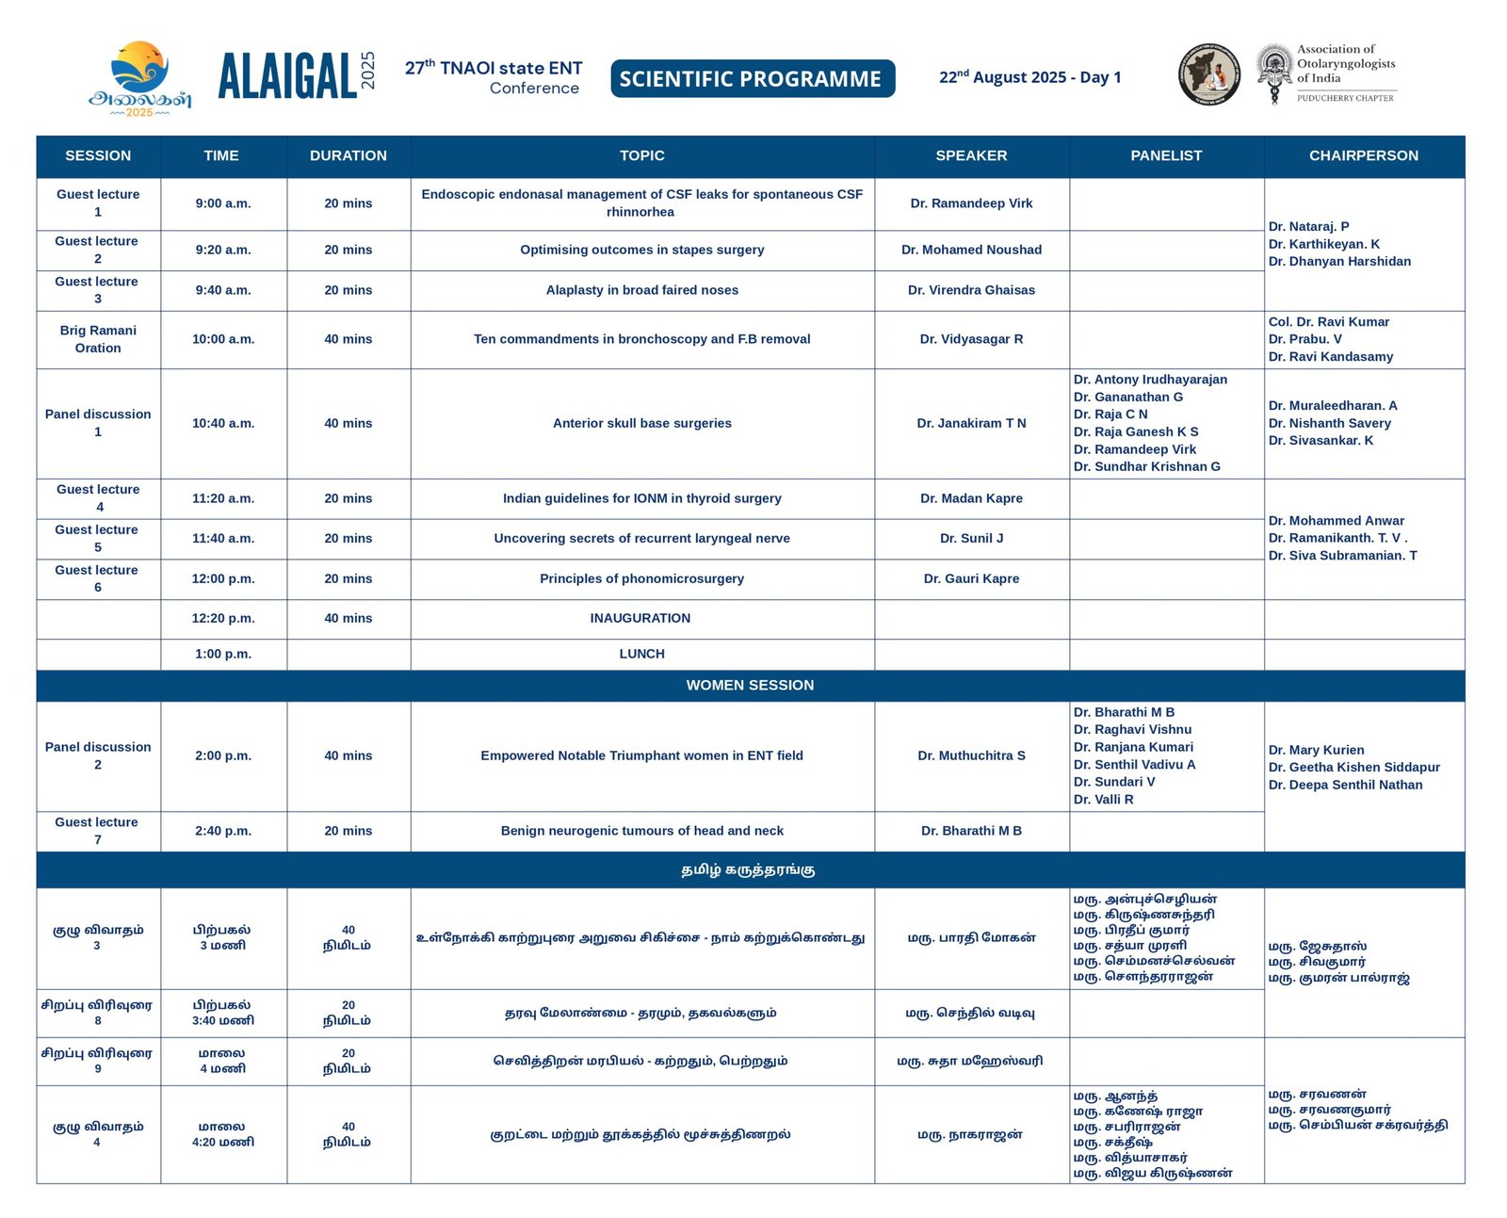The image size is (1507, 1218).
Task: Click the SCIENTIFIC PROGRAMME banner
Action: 752,79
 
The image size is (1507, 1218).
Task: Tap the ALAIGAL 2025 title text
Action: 288,76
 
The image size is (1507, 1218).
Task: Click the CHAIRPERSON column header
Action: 1363,155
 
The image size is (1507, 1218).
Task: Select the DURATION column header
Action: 348,155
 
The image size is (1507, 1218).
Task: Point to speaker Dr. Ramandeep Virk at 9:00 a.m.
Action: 971,203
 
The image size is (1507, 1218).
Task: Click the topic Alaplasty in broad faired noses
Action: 641,290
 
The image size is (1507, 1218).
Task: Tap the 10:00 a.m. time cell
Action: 223,339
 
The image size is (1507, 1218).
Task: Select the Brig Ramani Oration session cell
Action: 98,339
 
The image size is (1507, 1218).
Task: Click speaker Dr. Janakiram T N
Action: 971,424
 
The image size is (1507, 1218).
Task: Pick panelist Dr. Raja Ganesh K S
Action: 1136,432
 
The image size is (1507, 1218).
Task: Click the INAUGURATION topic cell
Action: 640,619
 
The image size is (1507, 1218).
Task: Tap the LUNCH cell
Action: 641,654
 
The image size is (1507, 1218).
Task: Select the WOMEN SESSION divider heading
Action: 750,686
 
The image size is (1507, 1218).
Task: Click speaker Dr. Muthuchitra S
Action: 971,755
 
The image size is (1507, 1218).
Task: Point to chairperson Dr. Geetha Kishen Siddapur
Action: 1353,768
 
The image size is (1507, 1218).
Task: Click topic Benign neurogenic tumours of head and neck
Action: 641,831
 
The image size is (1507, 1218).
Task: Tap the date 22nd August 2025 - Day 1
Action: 1029,77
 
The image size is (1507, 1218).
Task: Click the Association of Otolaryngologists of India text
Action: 1345,64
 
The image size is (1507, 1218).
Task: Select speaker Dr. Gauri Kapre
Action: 971,579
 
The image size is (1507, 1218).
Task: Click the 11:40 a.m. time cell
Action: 223,539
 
